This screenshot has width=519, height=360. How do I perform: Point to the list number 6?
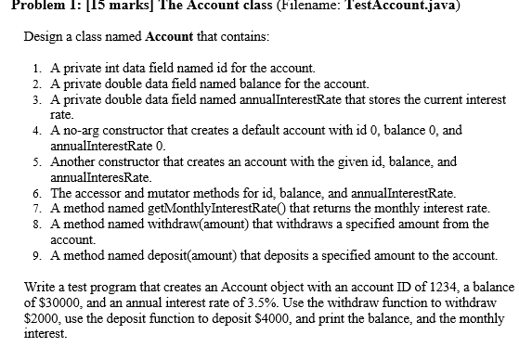35,194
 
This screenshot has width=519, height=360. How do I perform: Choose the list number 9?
35,253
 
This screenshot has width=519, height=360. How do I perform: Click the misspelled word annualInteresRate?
100,176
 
